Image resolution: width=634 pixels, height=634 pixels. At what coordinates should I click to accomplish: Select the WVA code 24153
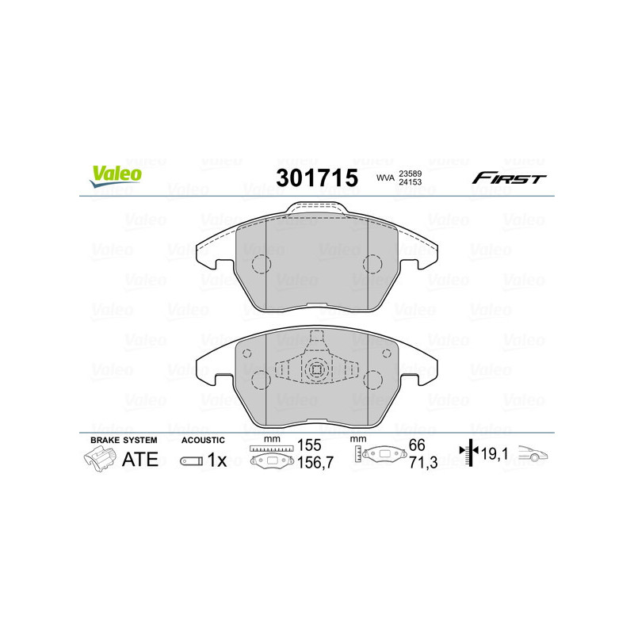[x=411, y=182]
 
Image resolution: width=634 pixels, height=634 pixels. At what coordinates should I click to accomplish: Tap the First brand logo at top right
[x=509, y=178]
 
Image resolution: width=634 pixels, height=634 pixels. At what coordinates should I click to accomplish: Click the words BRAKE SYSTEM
[x=124, y=440]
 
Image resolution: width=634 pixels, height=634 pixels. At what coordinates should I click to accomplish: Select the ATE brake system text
[x=139, y=459]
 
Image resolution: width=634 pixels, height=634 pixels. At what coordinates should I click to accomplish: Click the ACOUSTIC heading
[x=204, y=440]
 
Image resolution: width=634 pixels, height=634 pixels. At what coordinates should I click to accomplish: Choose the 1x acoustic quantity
[x=216, y=460]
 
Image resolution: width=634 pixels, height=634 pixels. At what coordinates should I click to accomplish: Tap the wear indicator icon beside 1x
[x=191, y=460]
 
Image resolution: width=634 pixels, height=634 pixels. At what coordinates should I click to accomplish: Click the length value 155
[x=309, y=445]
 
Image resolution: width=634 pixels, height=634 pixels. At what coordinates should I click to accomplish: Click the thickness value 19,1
[x=492, y=454]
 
